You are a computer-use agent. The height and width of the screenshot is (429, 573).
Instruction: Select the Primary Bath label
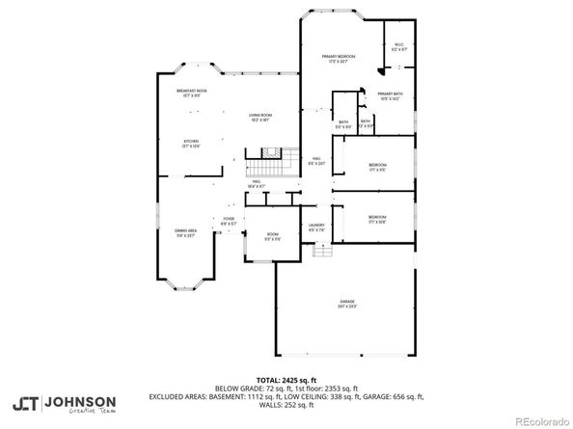390,94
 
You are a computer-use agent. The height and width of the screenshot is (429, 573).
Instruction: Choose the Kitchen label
190,143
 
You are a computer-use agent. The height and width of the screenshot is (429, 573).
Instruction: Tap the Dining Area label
185,232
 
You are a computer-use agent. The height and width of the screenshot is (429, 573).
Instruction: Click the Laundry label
314,228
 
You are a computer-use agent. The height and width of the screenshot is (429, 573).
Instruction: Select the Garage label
346,304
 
